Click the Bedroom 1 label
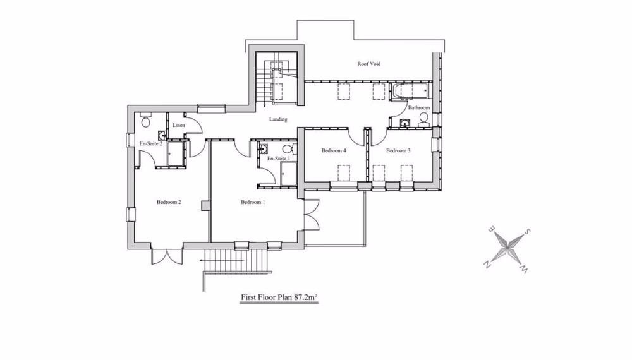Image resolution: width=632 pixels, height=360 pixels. [253, 203]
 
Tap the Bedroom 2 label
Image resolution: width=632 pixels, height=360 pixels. [169, 203]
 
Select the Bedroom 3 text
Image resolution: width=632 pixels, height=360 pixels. [398, 151]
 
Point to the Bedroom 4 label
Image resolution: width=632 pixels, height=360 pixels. [334, 151]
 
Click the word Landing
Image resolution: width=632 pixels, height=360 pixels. [278, 119]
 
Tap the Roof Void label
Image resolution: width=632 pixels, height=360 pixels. [369, 64]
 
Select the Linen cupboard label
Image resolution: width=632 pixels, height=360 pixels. [178, 126]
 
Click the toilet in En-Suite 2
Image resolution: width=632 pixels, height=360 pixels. [145, 120]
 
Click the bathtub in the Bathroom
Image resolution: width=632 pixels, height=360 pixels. [411, 93]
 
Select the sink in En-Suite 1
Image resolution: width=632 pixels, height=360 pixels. [264, 149]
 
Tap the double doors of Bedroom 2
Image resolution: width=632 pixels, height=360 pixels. [166, 256]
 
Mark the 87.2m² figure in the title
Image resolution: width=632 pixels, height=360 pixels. [303, 296]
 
